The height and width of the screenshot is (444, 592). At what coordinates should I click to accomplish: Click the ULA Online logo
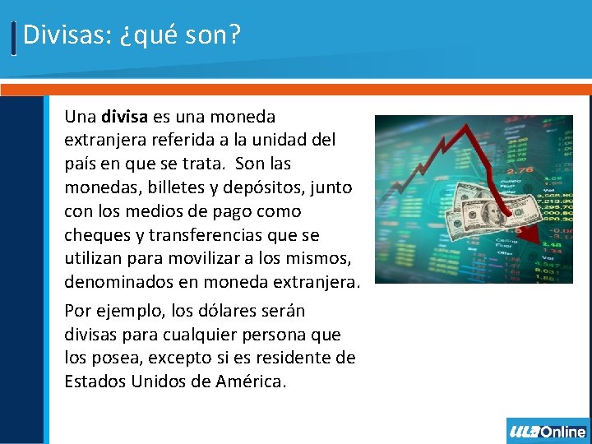click(x=548, y=431)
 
